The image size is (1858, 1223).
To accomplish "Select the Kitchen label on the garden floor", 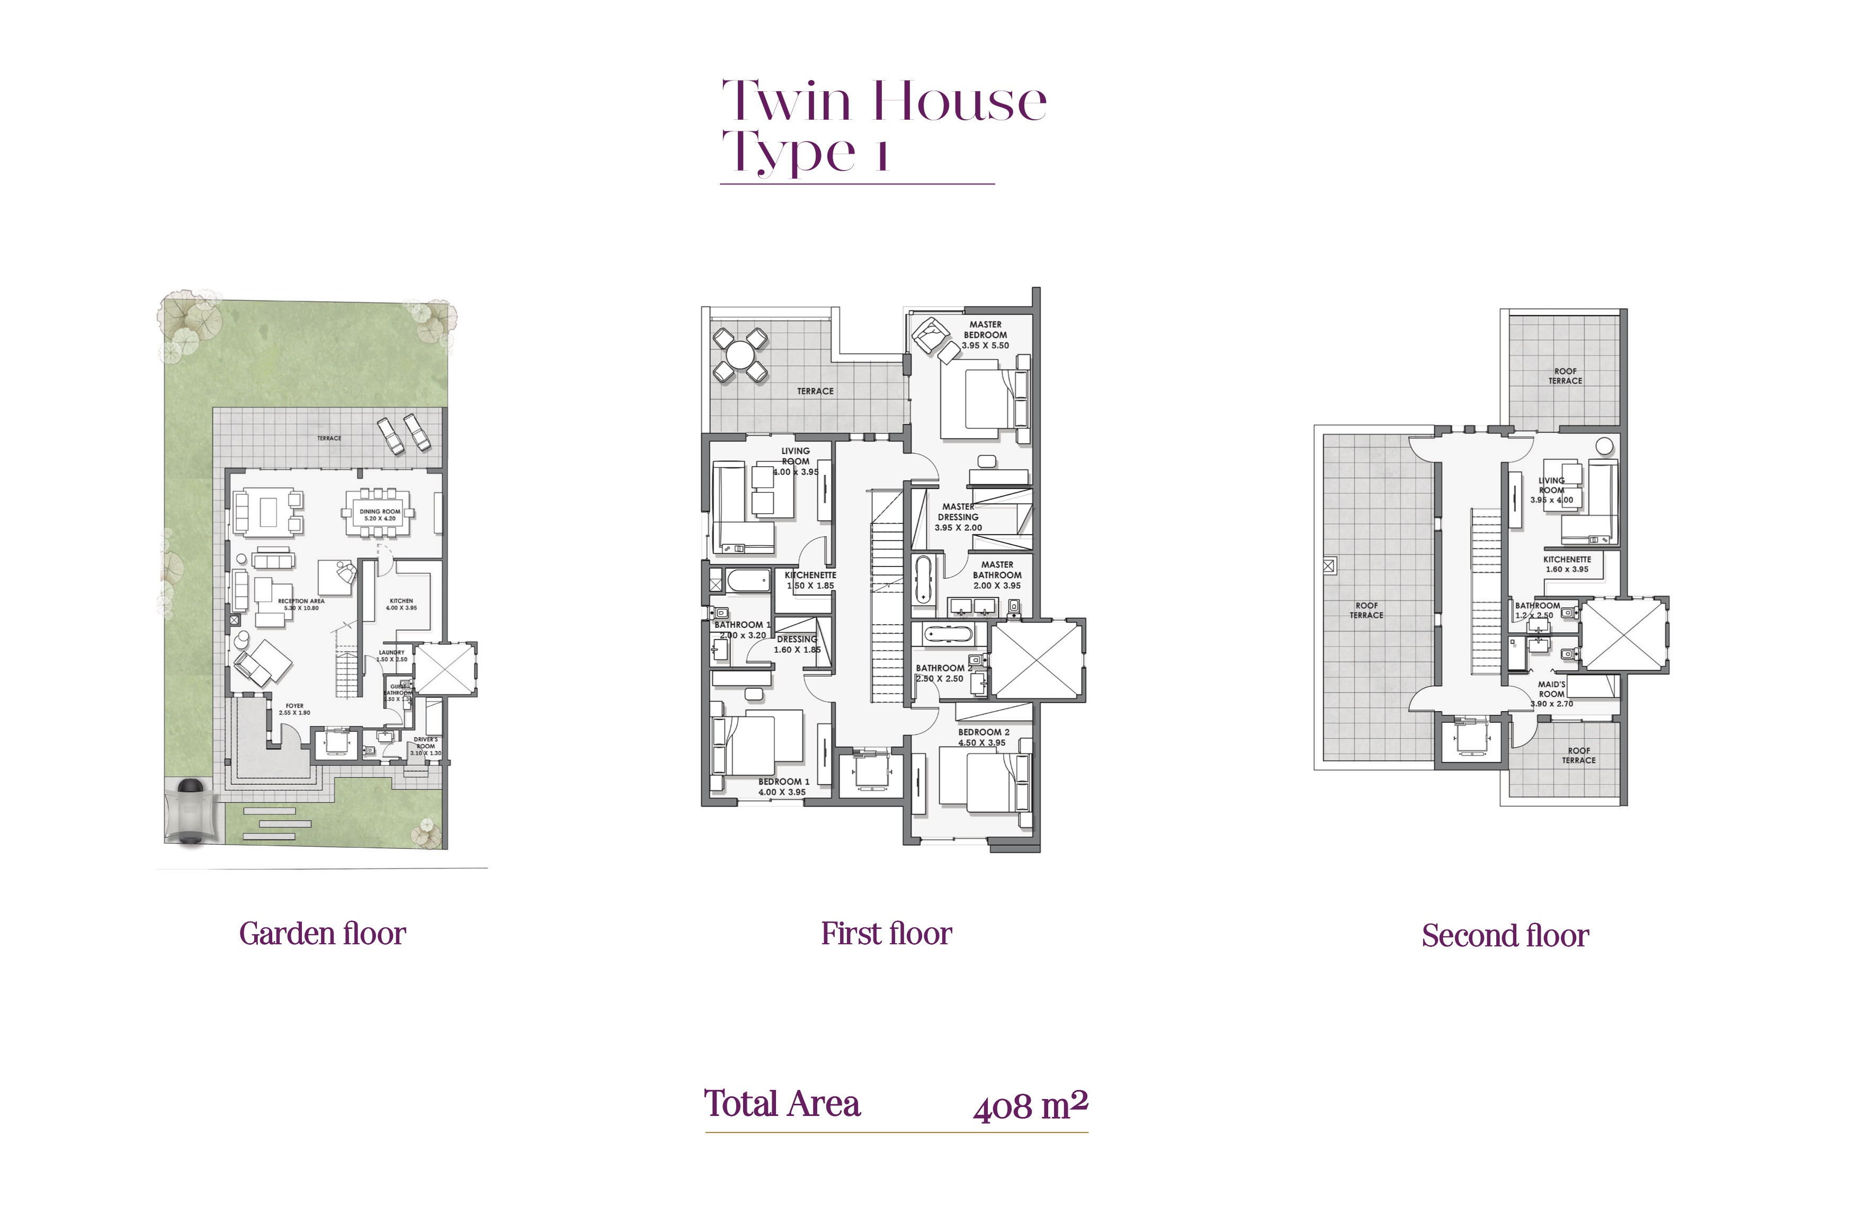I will [x=401, y=601].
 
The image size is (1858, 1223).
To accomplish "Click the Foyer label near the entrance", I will [x=294, y=706].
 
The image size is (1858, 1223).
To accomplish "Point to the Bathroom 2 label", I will [x=944, y=669].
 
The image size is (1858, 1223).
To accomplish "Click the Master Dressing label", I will [x=958, y=511].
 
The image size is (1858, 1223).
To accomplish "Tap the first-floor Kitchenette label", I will [x=810, y=575].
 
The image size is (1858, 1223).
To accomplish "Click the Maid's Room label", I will [x=1551, y=689].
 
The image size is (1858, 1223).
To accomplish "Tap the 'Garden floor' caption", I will [x=323, y=934].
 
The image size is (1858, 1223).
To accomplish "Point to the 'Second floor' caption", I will [x=1504, y=936].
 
